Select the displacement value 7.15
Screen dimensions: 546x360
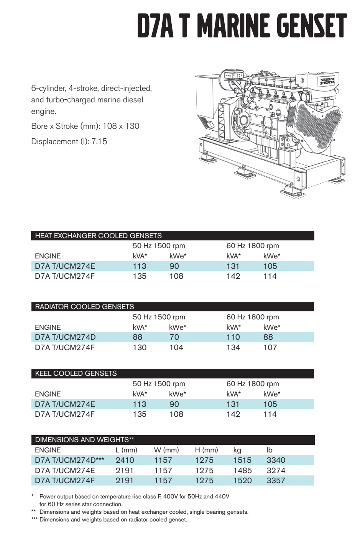pos(99,141)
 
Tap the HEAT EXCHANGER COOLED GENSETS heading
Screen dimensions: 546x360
pos(98,236)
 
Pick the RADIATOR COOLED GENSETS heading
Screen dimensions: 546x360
pos(84,307)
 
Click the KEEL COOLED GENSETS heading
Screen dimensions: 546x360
pos(76,373)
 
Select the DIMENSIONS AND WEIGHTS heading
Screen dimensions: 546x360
pos(84,440)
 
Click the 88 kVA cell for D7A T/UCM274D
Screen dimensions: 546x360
pos(137,337)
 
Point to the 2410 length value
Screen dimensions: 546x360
pos(125,460)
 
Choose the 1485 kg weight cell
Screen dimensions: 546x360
pos(242,470)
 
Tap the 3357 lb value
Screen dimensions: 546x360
pos(276,480)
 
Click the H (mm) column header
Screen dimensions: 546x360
pos(206,450)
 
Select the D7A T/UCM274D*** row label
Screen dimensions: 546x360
pos(69,460)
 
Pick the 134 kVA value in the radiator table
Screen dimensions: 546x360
pos(233,347)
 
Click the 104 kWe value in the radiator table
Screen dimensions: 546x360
pos(176,347)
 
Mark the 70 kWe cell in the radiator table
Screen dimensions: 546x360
pos(174,337)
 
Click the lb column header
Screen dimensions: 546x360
pos(270,450)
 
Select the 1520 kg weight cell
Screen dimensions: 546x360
pos(242,480)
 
